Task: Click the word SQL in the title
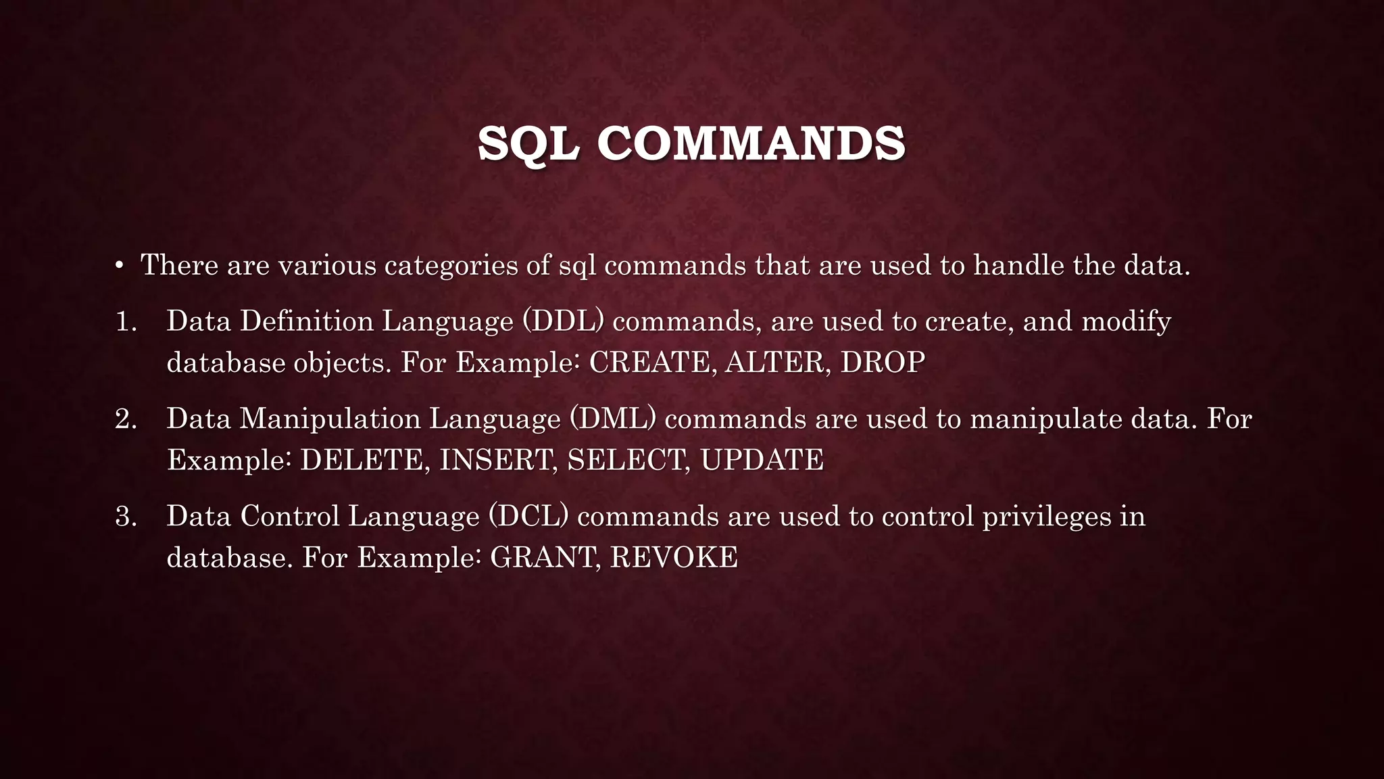click(528, 143)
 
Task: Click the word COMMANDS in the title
click(751, 143)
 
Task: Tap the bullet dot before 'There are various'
click(119, 265)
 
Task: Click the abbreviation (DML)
click(612, 419)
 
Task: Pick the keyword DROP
click(883, 363)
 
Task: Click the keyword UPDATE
click(762, 461)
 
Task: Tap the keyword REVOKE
click(674, 558)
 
